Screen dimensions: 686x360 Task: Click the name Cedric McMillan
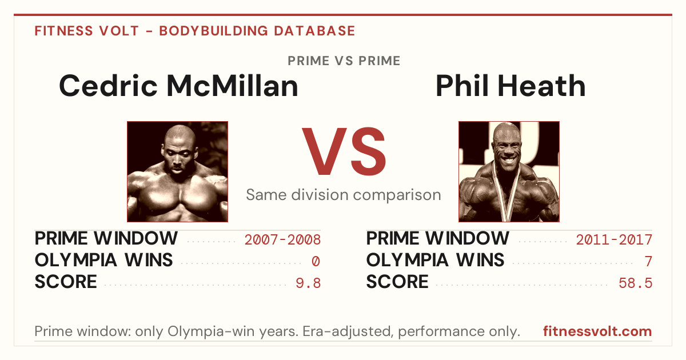[178, 86]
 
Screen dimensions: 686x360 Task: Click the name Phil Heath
[510, 86]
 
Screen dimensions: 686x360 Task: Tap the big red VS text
[344, 151]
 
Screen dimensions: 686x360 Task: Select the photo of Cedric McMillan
[178, 172]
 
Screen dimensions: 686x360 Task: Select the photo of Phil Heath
[509, 172]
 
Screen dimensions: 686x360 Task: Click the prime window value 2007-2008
[282, 239]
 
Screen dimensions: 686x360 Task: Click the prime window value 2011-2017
[614, 239]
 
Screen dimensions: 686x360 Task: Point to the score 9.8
[308, 283]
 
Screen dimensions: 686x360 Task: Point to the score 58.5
[636, 283]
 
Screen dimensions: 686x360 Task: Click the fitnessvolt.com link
[597, 331]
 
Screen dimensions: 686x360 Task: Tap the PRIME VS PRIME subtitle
[344, 61]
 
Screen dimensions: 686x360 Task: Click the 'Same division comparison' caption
[344, 195]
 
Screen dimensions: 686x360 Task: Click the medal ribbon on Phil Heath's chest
[507, 196]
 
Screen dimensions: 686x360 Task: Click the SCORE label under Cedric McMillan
[66, 282]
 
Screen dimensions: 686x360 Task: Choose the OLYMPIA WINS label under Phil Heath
[435, 260]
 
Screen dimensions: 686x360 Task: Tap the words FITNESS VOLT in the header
[87, 31]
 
